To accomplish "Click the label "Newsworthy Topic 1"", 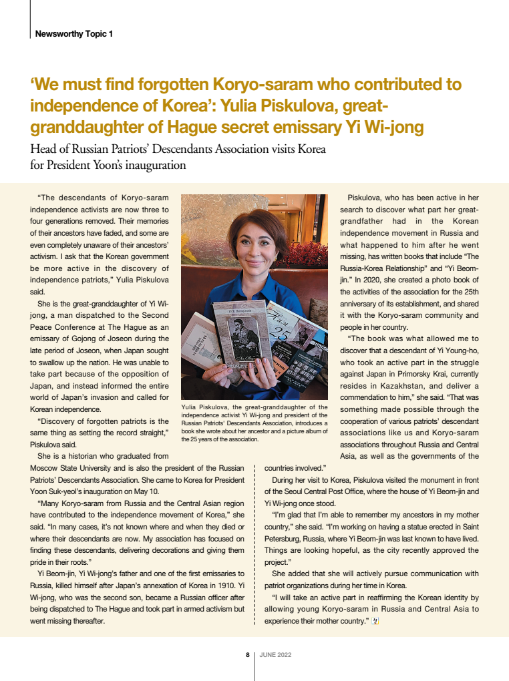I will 73,33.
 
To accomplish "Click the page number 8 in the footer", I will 248,655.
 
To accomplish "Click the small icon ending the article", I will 375,621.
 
